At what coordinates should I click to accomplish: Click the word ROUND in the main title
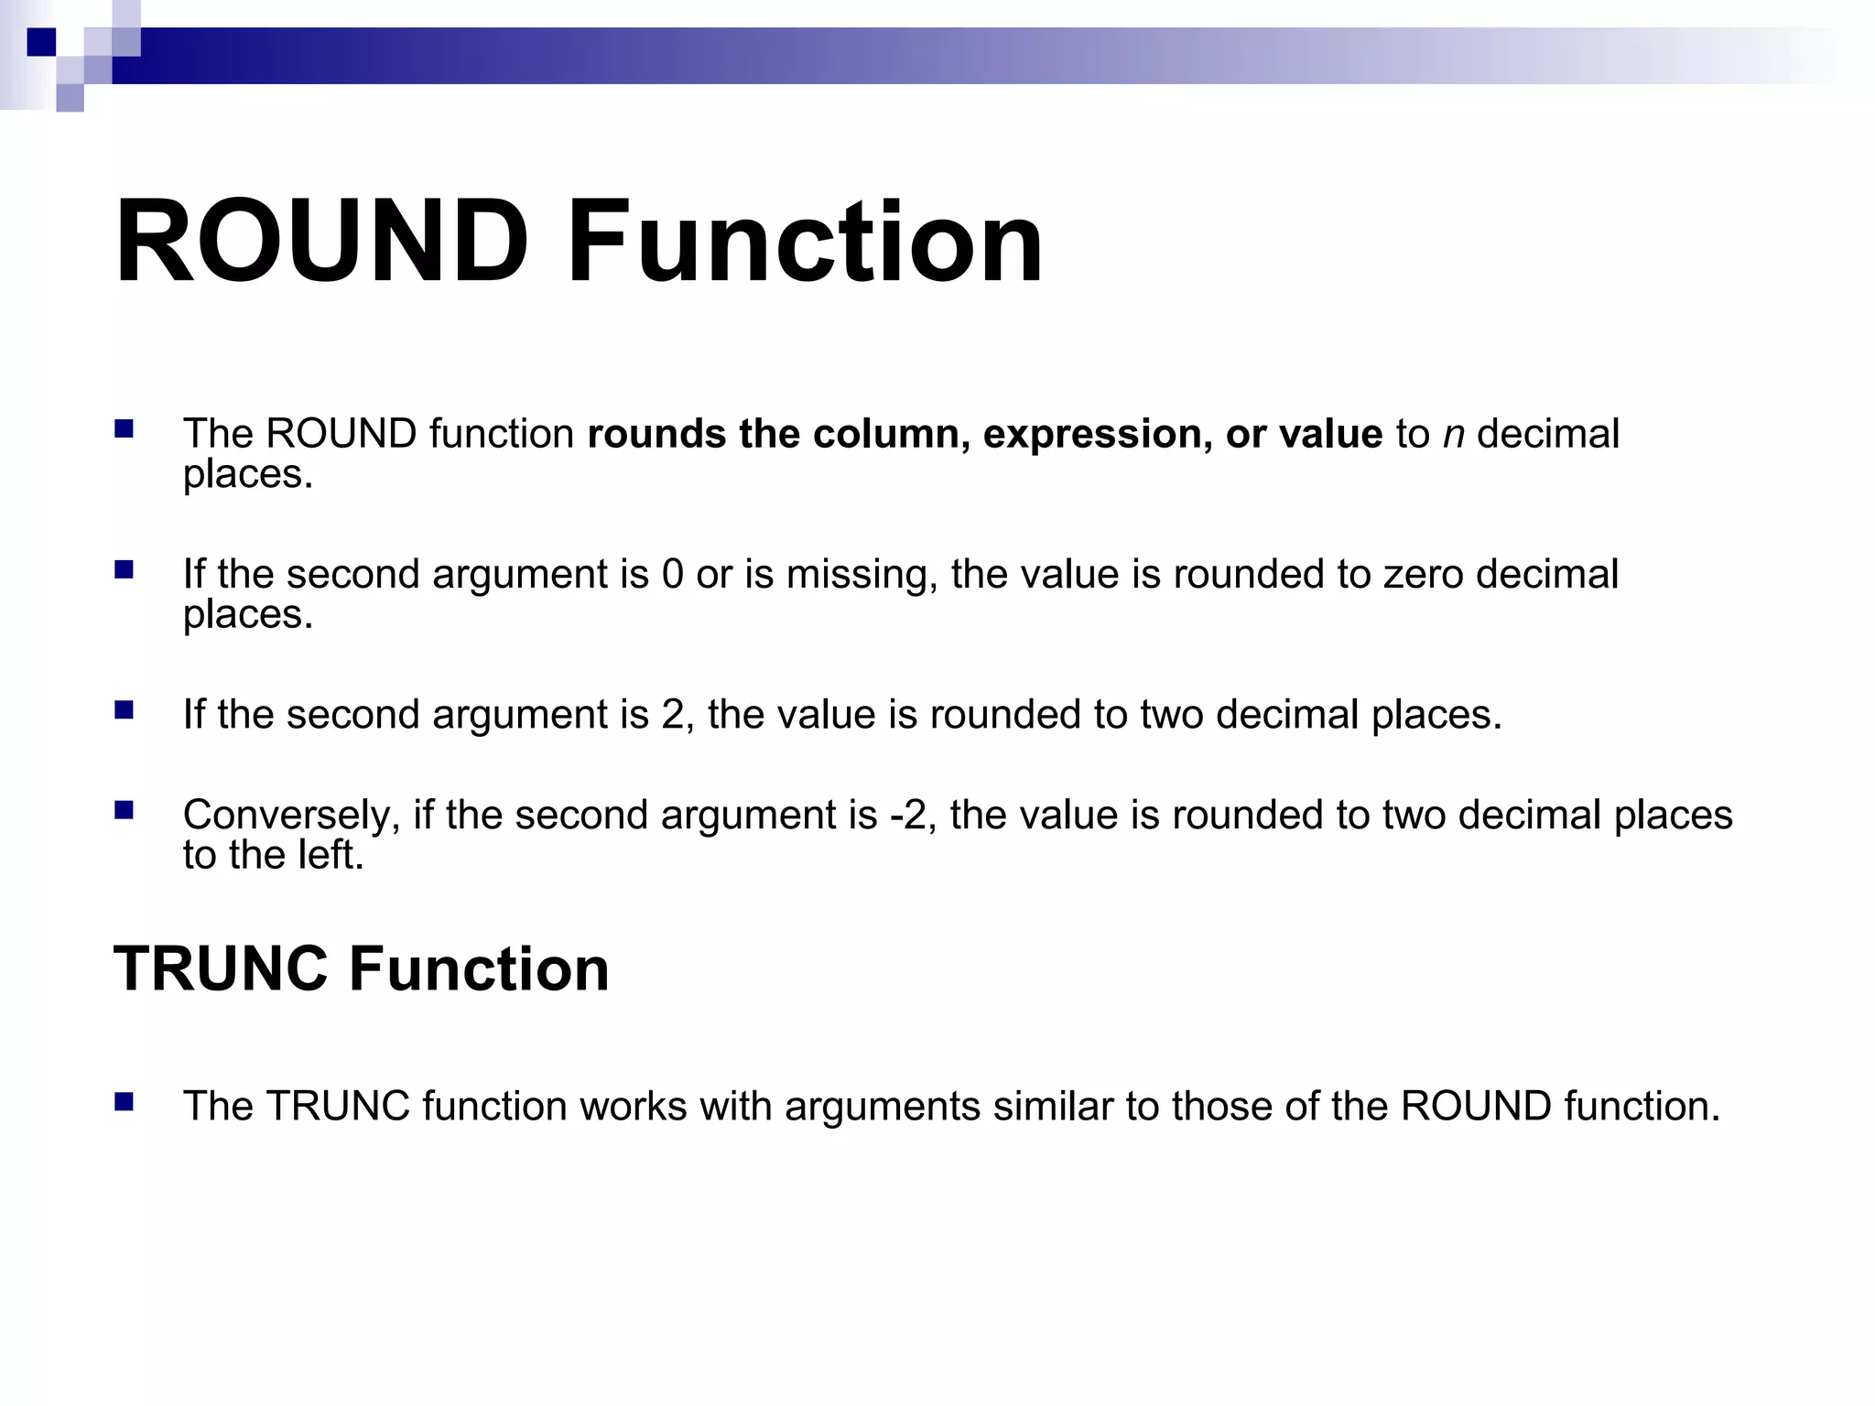pos(321,243)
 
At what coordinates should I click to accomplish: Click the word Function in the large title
pos(805,243)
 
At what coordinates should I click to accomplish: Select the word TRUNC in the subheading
pos(221,968)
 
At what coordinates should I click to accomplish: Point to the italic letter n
pos(1453,435)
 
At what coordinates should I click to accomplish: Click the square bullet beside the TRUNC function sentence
pos(125,1101)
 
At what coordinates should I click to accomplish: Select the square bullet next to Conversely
pos(125,810)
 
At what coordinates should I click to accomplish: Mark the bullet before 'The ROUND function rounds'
pos(125,429)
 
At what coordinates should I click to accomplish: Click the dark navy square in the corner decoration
pos(41,42)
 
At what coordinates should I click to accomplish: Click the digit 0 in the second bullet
pos(672,575)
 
